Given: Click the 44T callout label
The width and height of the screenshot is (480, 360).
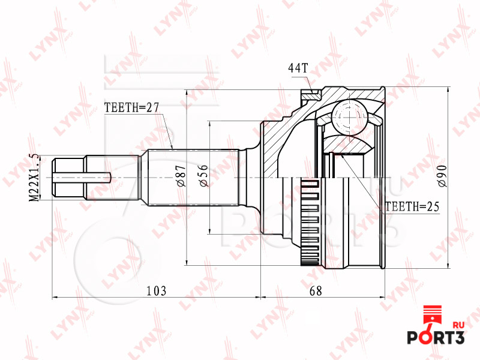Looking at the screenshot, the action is [298, 68].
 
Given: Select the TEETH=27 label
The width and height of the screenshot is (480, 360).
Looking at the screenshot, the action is [131, 107].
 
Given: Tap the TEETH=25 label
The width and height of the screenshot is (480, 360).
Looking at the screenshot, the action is [412, 206].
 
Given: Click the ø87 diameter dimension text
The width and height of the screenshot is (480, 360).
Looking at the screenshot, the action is [181, 176].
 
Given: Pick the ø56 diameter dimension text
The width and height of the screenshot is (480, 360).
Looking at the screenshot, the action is [203, 176].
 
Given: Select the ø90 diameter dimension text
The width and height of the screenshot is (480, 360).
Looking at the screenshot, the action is [442, 176].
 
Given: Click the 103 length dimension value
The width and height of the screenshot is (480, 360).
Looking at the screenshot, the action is [157, 290].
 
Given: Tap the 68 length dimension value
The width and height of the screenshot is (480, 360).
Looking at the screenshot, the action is [316, 290].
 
